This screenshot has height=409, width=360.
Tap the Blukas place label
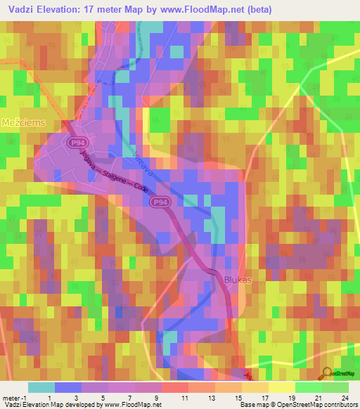click(x=237, y=280)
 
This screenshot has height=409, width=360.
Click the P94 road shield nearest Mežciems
click(x=78, y=143)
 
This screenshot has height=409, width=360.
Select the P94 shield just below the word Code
click(x=160, y=202)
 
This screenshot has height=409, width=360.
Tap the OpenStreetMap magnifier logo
click(x=326, y=373)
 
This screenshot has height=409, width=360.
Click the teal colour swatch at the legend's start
click(x=41, y=387)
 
